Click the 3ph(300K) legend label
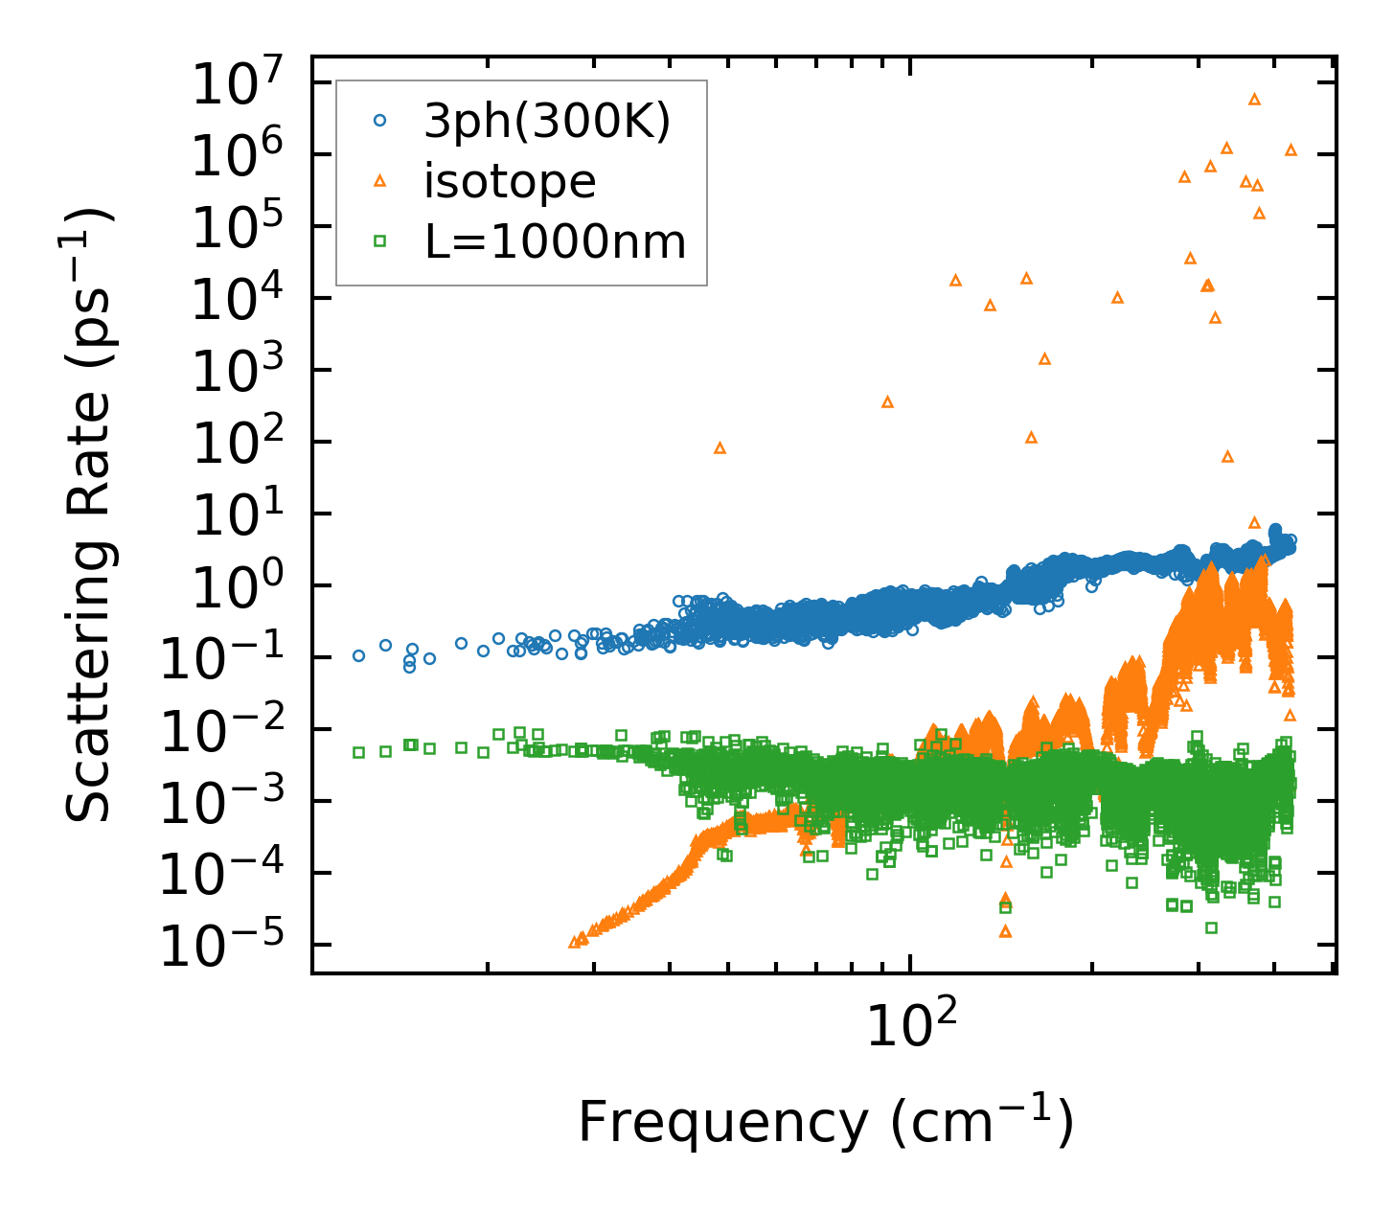click(547, 122)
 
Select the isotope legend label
click(510, 181)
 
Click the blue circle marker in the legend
click(380, 121)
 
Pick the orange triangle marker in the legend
click(380, 180)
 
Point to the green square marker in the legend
click(380, 241)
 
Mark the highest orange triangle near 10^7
click(1254, 99)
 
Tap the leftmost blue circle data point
click(358, 656)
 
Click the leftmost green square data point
click(358, 752)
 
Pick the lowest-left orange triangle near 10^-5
click(575, 942)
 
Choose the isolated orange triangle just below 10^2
click(720, 447)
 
